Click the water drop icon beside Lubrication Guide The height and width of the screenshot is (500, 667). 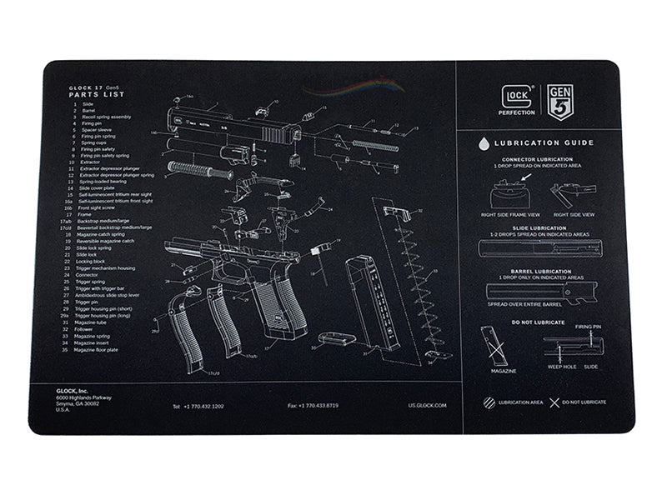click(x=484, y=143)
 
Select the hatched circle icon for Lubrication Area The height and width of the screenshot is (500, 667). click(x=489, y=402)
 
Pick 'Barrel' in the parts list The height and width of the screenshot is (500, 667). click(x=88, y=110)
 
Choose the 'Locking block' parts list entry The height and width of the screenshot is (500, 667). click(x=93, y=261)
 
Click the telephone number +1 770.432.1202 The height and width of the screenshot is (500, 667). click(x=198, y=406)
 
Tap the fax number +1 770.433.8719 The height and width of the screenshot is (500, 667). click(x=313, y=406)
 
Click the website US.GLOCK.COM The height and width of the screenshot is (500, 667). click(x=427, y=406)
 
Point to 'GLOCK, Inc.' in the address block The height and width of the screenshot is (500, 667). click(x=73, y=391)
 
